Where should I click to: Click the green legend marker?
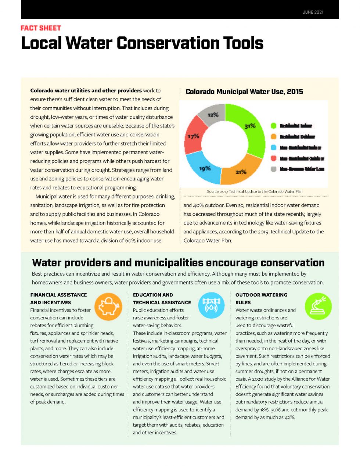coord(273,126)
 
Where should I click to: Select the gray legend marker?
coord(273,169)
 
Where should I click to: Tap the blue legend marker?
coord(273,147)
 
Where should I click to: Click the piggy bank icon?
coord(108,306)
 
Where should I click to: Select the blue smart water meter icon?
coord(211,305)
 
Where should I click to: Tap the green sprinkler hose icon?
coord(318,306)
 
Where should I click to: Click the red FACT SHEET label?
coord(41,28)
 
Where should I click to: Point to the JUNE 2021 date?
coord(313,12)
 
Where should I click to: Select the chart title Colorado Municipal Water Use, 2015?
coord(244,92)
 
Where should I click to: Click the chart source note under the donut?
coord(255,191)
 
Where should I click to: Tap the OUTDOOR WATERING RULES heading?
coord(261,298)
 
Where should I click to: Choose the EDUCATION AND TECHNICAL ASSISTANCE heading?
coord(162,298)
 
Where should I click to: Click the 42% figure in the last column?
coord(289,417)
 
